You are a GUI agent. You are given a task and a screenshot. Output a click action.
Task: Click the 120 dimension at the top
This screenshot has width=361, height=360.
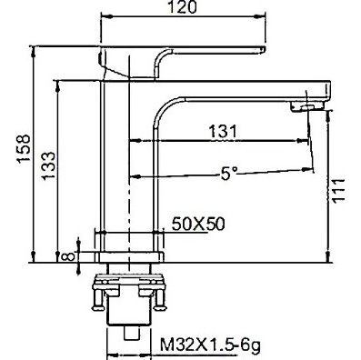pyautogui.click(x=182, y=7)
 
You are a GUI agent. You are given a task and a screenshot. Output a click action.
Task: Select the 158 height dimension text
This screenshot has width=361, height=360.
pyautogui.click(x=24, y=149)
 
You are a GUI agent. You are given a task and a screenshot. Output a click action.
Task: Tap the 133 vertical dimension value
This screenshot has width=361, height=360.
pyautogui.click(x=48, y=165)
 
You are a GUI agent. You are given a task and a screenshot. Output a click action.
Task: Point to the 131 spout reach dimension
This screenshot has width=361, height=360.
pyautogui.click(x=222, y=132)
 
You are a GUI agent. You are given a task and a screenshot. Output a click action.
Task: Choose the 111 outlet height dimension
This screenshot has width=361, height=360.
pyautogui.click(x=338, y=190)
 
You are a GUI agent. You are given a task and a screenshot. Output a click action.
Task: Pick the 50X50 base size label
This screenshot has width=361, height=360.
pyautogui.click(x=198, y=225)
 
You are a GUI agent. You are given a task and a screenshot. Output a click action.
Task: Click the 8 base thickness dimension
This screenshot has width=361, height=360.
pyautogui.click(x=68, y=256)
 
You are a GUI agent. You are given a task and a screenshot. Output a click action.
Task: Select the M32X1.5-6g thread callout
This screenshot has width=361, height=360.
pyautogui.click(x=210, y=345)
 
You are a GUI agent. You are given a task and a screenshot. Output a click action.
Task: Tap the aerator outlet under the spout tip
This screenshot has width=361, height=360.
pyautogui.click(x=306, y=107)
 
